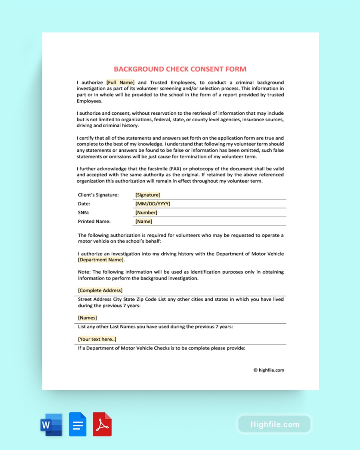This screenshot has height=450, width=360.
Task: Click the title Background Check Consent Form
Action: [180, 69]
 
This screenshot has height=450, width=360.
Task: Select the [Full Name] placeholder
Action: [120, 82]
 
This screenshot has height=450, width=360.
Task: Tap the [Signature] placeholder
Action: [148, 195]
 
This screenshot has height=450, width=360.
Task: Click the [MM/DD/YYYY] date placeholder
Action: [152, 204]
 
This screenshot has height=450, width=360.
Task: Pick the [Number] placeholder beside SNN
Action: [146, 212]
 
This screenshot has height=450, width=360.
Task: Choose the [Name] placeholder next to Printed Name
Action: [144, 221]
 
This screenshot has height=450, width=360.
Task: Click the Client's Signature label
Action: [98, 195]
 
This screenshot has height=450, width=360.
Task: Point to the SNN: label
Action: [84, 212]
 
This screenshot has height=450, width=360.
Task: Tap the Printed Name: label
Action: [94, 221]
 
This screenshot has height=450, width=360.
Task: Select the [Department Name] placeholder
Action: [101, 260]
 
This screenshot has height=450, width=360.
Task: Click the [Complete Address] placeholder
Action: [100, 290]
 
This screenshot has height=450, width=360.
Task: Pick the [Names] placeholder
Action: [87, 318]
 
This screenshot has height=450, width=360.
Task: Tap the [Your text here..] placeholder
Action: [97, 339]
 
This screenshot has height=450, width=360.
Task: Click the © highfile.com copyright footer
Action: [268, 370]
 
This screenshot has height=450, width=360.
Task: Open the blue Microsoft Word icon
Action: [51, 424]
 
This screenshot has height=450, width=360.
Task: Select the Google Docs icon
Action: [78, 424]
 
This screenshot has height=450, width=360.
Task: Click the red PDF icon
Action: [102, 424]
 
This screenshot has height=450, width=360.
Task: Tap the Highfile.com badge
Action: [274, 424]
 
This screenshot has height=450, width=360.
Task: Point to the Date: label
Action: [84, 204]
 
